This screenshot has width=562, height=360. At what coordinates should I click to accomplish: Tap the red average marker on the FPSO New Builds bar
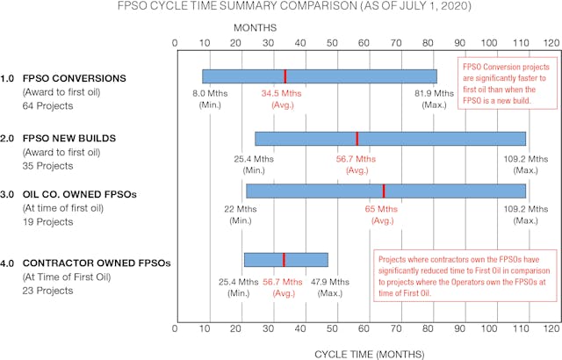tap(357, 139)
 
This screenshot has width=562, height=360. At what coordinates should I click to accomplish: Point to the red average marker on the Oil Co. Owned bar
tap(383, 191)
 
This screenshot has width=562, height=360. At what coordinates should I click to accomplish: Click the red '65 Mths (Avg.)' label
tap(381, 214)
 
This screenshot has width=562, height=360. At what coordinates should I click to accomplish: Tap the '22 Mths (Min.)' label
tap(241, 214)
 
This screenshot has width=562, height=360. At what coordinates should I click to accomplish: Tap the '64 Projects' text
tap(48, 106)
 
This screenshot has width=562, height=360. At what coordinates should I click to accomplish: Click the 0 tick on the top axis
tap(176, 41)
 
